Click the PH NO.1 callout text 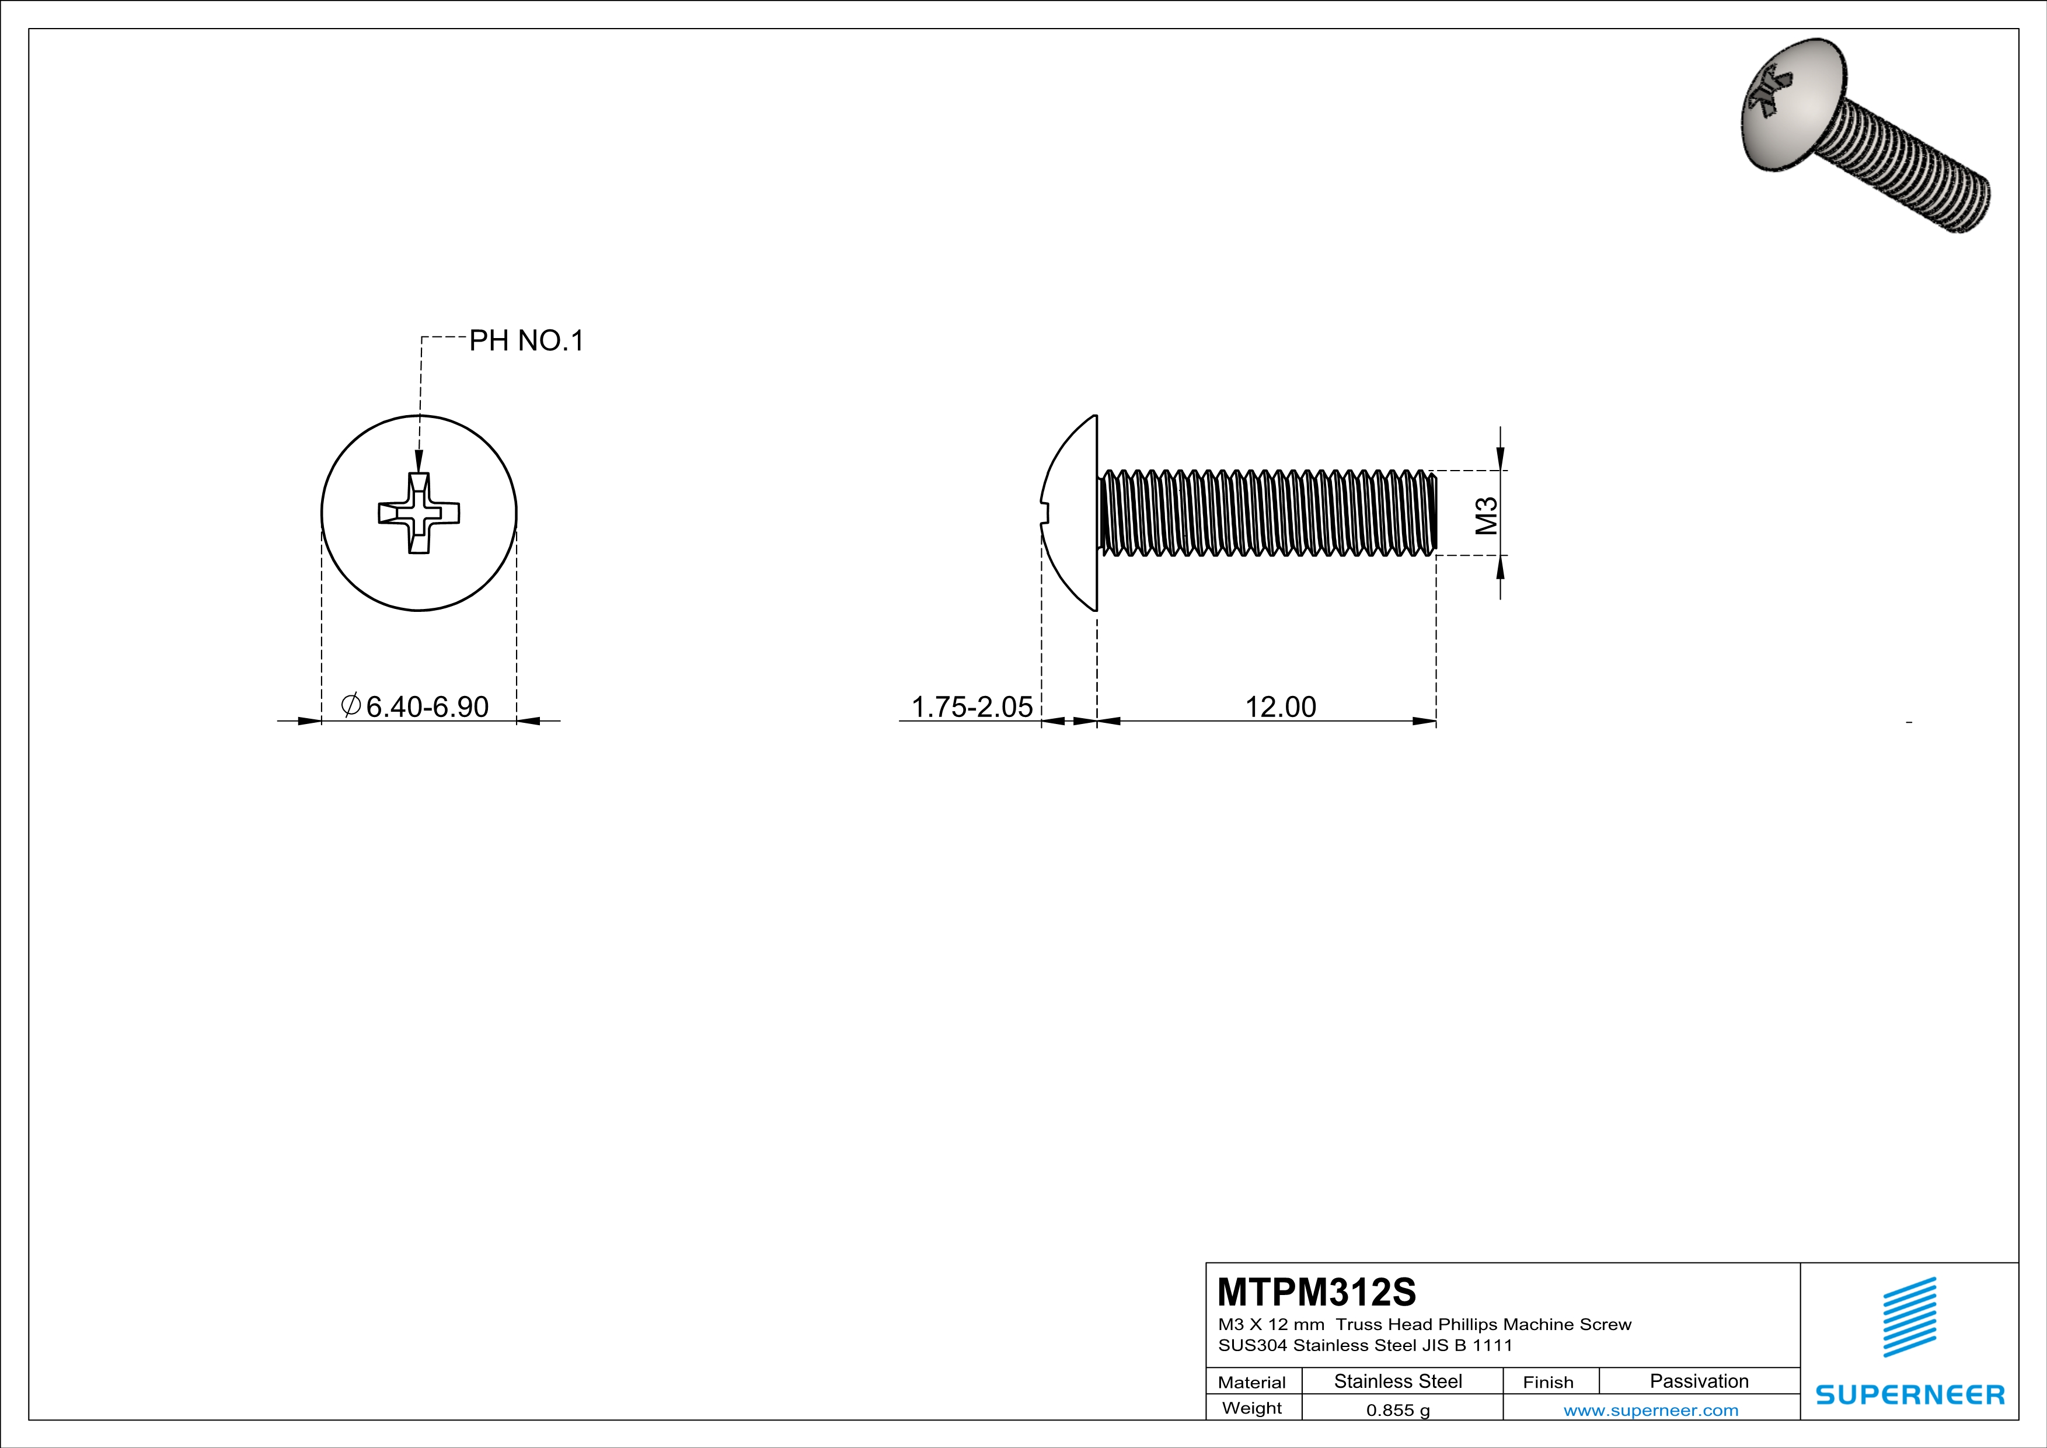pos(526,340)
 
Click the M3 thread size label pos(1486,516)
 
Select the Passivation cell pos(1699,1381)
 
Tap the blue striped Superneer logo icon pos(1909,1317)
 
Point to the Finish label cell pos(1548,1382)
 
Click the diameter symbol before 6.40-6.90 pos(350,705)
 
